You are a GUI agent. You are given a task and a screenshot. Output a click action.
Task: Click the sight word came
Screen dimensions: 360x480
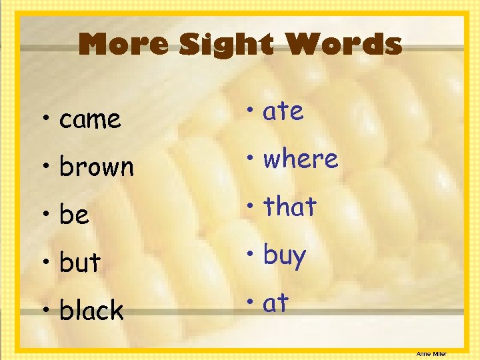pyautogui.click(x=90, y=121)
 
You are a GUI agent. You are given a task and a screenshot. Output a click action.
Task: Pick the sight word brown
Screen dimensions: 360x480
pyautogui.click(x=97, y=167)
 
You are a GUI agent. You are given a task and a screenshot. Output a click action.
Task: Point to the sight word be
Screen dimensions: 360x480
pyautogui.click(x=74, y=215)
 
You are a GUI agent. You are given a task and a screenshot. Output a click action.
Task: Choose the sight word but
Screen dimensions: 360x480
pyautogui.click(x=79, y=263)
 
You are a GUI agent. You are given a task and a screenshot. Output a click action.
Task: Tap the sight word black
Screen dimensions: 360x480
pyautogui.click(x=91, y=310)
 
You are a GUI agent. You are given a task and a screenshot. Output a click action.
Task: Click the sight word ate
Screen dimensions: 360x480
pyautogui.click(x=283, y=111)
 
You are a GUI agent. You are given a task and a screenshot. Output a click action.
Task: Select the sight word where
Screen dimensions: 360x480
pyautogui.click(x=301, y=159)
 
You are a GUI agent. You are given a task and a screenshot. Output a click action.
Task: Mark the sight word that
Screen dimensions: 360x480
pyautogui.click(x=289, y=207)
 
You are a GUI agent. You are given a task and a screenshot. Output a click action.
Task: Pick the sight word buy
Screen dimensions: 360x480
pyautogui.click(x=285, y=255)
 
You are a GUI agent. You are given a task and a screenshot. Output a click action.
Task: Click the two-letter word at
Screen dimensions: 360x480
pyautogui.click(x=275, y=303)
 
